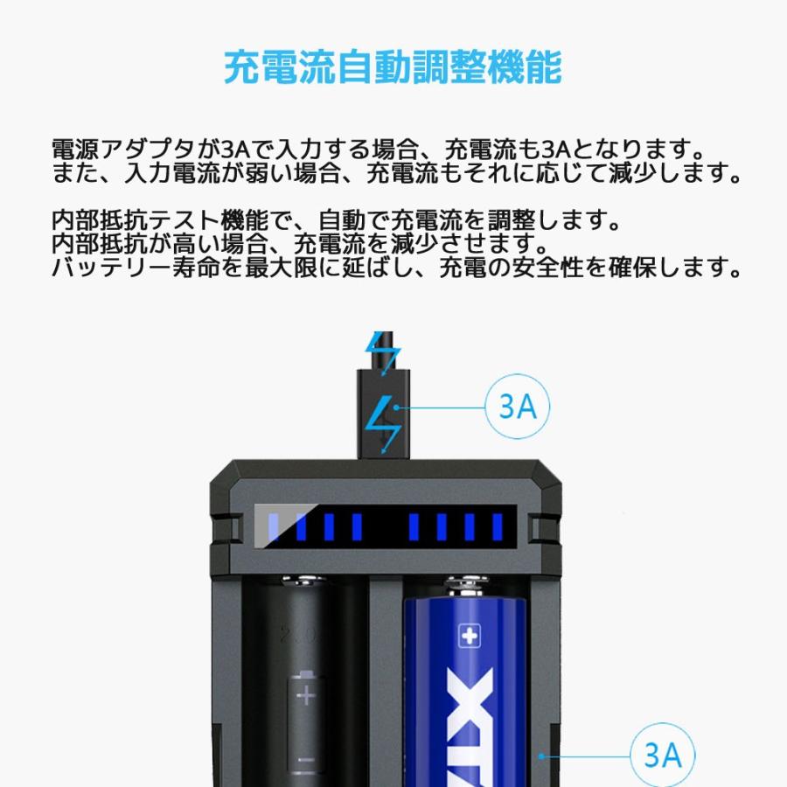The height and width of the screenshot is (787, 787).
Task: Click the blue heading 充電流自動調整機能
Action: coord(393,67)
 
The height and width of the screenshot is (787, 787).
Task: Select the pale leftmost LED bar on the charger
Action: coord(273,526)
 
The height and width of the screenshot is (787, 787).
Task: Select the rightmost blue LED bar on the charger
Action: coord(498,526)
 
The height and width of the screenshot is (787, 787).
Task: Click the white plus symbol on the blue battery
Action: coord(470,636)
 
